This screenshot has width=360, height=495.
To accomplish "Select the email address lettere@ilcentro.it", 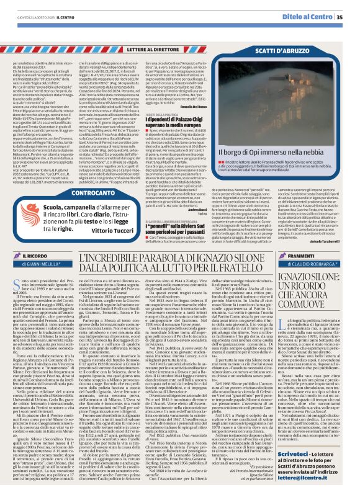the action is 307,478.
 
